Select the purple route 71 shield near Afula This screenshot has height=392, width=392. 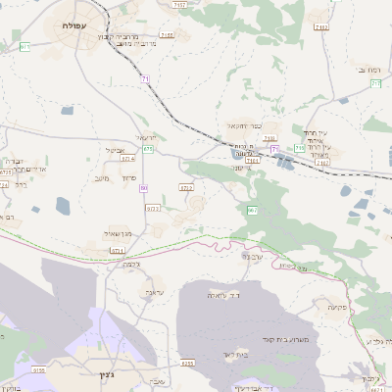tap(146, 78)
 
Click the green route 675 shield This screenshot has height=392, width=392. tap(147, 149)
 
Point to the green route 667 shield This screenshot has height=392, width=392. tap(252, 211)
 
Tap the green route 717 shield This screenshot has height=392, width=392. tap(376, 83)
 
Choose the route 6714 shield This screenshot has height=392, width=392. tap(118, 251)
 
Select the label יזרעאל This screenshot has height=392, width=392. tap(146, 136)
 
